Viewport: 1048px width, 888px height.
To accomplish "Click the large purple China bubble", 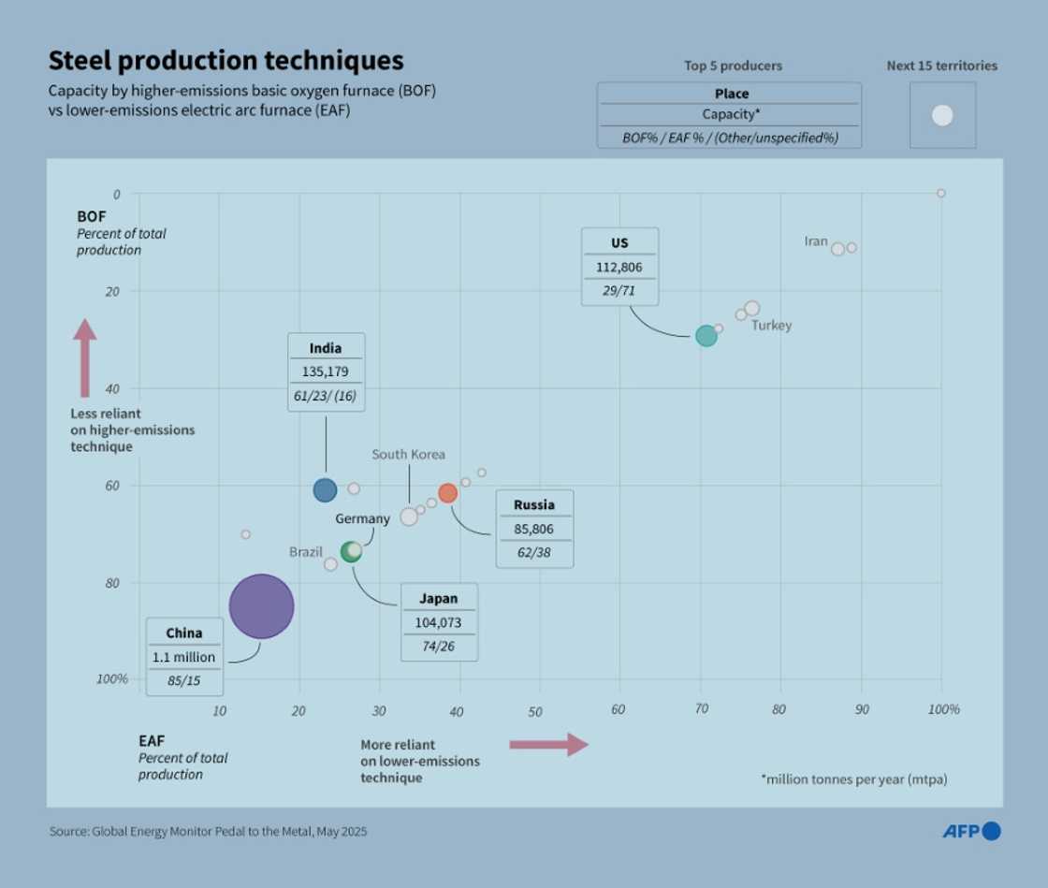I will coord(261,606).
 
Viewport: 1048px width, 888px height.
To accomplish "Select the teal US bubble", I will coord(706,336).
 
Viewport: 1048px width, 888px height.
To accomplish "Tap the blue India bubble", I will coord(325,489).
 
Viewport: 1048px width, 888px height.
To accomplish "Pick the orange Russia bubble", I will coord(448,493).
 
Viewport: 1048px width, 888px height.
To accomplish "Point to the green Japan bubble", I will coord(351,551).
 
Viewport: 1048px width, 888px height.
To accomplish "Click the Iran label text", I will coord(816,241).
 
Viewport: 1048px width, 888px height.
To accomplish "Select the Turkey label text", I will coord(771,326).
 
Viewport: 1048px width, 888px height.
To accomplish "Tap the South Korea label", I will coord(408,455).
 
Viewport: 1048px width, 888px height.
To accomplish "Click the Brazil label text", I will coord(305,552).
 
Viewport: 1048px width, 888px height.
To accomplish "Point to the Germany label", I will coord(362,518).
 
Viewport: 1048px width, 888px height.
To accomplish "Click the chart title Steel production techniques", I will coord(226,61).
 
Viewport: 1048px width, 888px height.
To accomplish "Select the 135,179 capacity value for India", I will coord(325,371).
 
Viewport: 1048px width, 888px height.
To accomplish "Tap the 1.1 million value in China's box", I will coord(183,657).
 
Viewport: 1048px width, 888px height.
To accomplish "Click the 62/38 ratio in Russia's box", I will coord(533,552).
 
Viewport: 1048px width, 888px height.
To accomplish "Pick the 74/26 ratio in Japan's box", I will coord(439,646).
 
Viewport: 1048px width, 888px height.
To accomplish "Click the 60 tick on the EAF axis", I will coord(619,710).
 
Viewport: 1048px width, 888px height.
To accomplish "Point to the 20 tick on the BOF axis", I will coord(114,291).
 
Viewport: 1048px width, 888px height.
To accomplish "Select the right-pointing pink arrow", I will coord(548,744).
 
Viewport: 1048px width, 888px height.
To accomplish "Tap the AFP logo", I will coord(970,831).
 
